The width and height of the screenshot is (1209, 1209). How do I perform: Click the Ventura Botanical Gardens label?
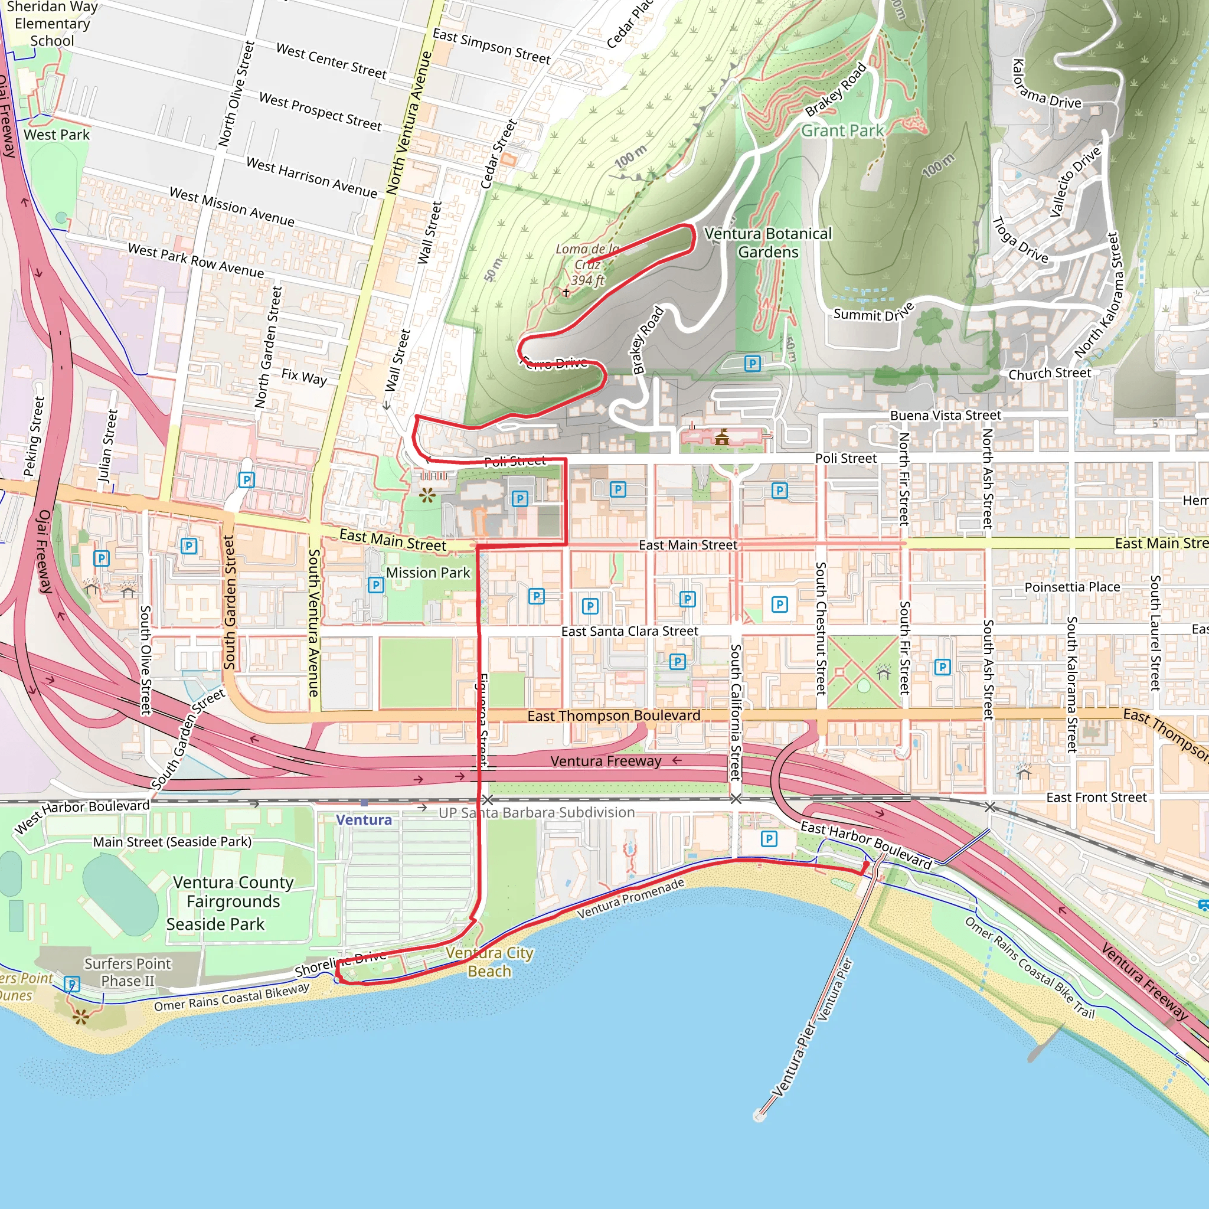pos(768,243)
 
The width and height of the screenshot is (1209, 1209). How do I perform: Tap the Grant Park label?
pos(842,131)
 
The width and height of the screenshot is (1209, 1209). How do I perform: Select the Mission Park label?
pos(427,573)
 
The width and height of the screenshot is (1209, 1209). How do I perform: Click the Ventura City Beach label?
pos(489,962)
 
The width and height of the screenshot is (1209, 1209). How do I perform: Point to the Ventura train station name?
pos(364,820)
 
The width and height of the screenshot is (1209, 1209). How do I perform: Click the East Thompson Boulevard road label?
pos(613,715)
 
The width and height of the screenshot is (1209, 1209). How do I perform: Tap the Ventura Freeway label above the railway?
pos(605,761)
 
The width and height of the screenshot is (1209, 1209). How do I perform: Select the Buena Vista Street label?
pos(945,416)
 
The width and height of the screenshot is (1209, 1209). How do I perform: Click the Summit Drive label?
pos(873,313)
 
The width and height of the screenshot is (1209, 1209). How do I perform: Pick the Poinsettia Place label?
pos(1072,587)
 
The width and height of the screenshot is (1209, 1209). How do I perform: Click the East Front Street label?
pos(1096,797)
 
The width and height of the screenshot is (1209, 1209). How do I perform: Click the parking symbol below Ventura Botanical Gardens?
pos(752,364)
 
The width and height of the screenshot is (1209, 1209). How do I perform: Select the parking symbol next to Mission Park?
pos(375,585)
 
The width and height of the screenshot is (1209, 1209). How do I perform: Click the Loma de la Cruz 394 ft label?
pos(587,264)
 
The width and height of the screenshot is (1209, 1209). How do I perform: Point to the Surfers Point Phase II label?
pos(128,972)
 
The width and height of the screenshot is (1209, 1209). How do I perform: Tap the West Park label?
pos(56,135)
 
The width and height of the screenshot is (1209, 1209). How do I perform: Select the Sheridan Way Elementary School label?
pos(53,24)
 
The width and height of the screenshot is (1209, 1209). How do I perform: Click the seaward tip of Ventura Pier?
pos(760,1116)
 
